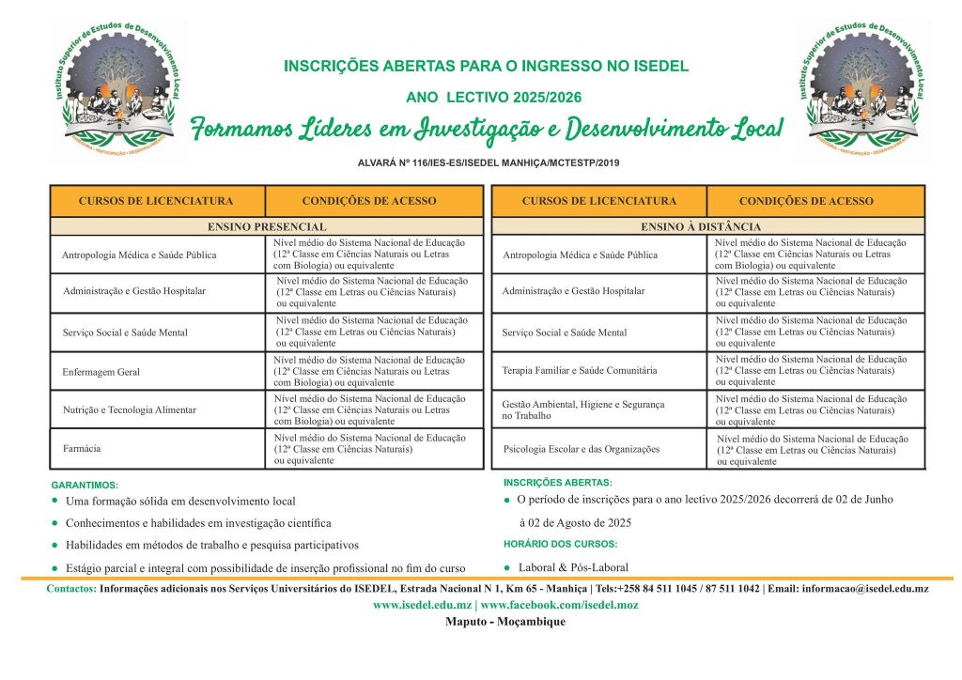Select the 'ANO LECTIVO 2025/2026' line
point(493,97)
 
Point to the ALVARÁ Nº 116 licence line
point(489,162)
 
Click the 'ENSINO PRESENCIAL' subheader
point(267,226)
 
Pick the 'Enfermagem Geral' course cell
point(101,372)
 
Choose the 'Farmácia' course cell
point(82,448)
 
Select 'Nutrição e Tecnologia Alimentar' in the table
point(130,410)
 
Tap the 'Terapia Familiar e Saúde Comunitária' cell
point(580,371)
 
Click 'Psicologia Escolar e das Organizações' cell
point(582,449)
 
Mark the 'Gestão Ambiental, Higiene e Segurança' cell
point(582,409)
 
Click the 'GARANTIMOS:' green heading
point(85,485)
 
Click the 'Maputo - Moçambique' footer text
point(505,623)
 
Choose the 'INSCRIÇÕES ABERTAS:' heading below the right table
point(557,482)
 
